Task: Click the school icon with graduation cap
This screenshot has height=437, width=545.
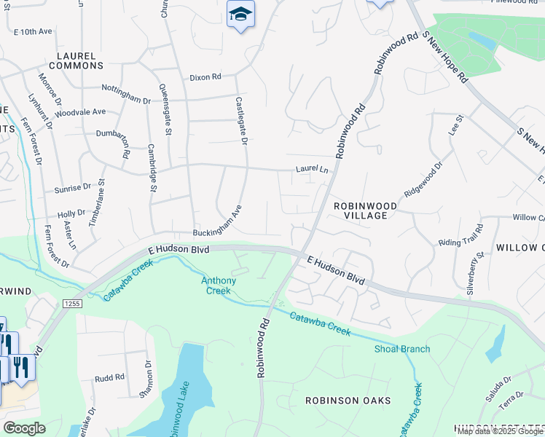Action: pyautogui.click(x=240, y=14)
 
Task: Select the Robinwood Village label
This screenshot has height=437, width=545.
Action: pyautogui.click(x=365, y=206)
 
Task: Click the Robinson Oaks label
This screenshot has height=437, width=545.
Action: pyautogui.click(x=348, y=401)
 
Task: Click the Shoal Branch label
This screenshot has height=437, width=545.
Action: pyautogui.click(x=402, y=349)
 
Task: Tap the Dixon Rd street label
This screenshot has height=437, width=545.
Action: pyautogui.click(x=205, y=76)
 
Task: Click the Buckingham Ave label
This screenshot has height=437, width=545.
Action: pyautogui.click(x=216, y=222)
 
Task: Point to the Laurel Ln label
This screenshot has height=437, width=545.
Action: pyautogui.click(x=312, y=169)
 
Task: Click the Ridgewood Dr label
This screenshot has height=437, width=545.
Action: pyautogui.click(x=423, y=181)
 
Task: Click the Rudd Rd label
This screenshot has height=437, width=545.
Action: pyautogui.click(x=110, y=378)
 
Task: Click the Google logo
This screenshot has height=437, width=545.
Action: pyautogui.click(x=24, y=428)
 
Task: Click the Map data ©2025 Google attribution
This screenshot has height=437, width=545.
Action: pyautogui.click(x=500, y=431)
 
